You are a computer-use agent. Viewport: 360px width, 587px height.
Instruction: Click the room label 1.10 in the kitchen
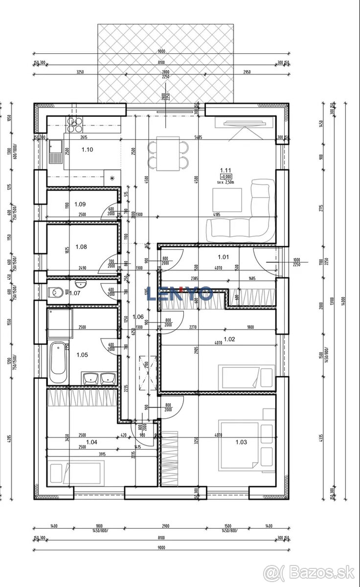pyautogui.click(x=87, y=150)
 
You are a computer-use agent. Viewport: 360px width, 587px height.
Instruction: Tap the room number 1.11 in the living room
pyautogui.click(x=225, y=171)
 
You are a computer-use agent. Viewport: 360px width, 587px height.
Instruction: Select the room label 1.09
pyautogui.click(x=80, y=204)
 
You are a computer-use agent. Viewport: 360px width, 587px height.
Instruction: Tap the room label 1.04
pyautogui.click(x=91, y=442)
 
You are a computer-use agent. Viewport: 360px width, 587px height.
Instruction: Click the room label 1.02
pyautogui.click(x=229, y=339)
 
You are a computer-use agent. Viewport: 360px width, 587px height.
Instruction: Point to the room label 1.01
pyautogui.click(x=223, y=256)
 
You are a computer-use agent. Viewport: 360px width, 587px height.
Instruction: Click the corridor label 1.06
pyautogui.click(x=138, y=316)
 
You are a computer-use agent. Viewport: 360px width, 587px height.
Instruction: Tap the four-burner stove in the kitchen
pyautogui.click(x=75, y=125)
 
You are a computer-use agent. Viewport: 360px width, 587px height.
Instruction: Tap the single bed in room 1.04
pyautogui.click(x=75, y=472)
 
